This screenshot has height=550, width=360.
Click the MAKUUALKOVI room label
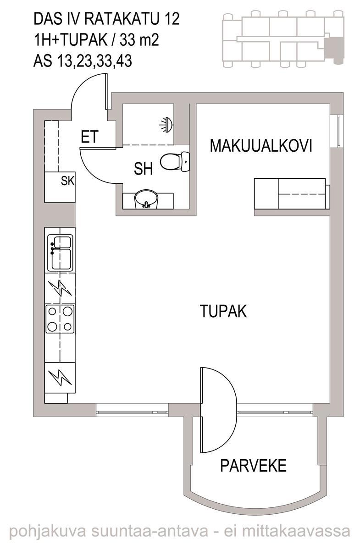pyautogui.click(x=261, y=146)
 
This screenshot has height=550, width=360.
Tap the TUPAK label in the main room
pyautogui.click(x=223, y=311)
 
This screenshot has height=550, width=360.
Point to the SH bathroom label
pyautogui.click(x=143, y=169)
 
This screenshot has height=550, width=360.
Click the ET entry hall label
pyautogui.click(x=90, y=137)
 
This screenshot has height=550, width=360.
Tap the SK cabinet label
pyautogui.click(x=67, y=181)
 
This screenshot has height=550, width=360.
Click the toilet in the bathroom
pyautogui.click(x=175, y=161)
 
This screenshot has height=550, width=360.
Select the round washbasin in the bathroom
pyautogui.click(x=146, y=199)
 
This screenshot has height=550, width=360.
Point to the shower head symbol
pyautogui.click(x=167, y=125)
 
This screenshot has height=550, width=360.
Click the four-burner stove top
pyautogui.click(x=60, y=319)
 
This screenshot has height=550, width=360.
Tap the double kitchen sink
pyautogui.click(x=60, y=253)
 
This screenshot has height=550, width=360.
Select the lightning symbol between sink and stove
pyautogui.click(x=60, y=288)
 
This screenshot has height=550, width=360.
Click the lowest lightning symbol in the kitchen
pyautogui.click(x=60, y=378)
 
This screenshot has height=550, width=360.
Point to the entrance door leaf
pyautogui.click(x=106, y=91)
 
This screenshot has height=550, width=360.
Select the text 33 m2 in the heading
pyautogui.click(x=139, y=40)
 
